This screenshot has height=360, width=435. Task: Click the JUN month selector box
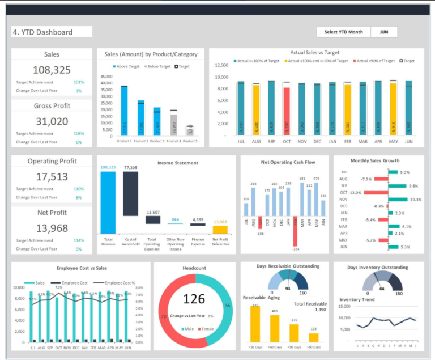point(384,32)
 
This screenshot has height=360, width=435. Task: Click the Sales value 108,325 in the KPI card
point(52,70)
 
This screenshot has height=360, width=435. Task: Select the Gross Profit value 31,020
point(52,121)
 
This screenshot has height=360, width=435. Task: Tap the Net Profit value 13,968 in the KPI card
point(52,228)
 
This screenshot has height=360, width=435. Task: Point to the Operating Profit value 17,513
point(52,176)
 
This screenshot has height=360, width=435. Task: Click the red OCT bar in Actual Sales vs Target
point(287,111)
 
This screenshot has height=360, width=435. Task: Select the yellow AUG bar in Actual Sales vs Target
point(256,110)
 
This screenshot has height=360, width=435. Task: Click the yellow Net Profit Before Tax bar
point(220,230)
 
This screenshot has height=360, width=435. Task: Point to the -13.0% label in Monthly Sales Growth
point(355,193)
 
